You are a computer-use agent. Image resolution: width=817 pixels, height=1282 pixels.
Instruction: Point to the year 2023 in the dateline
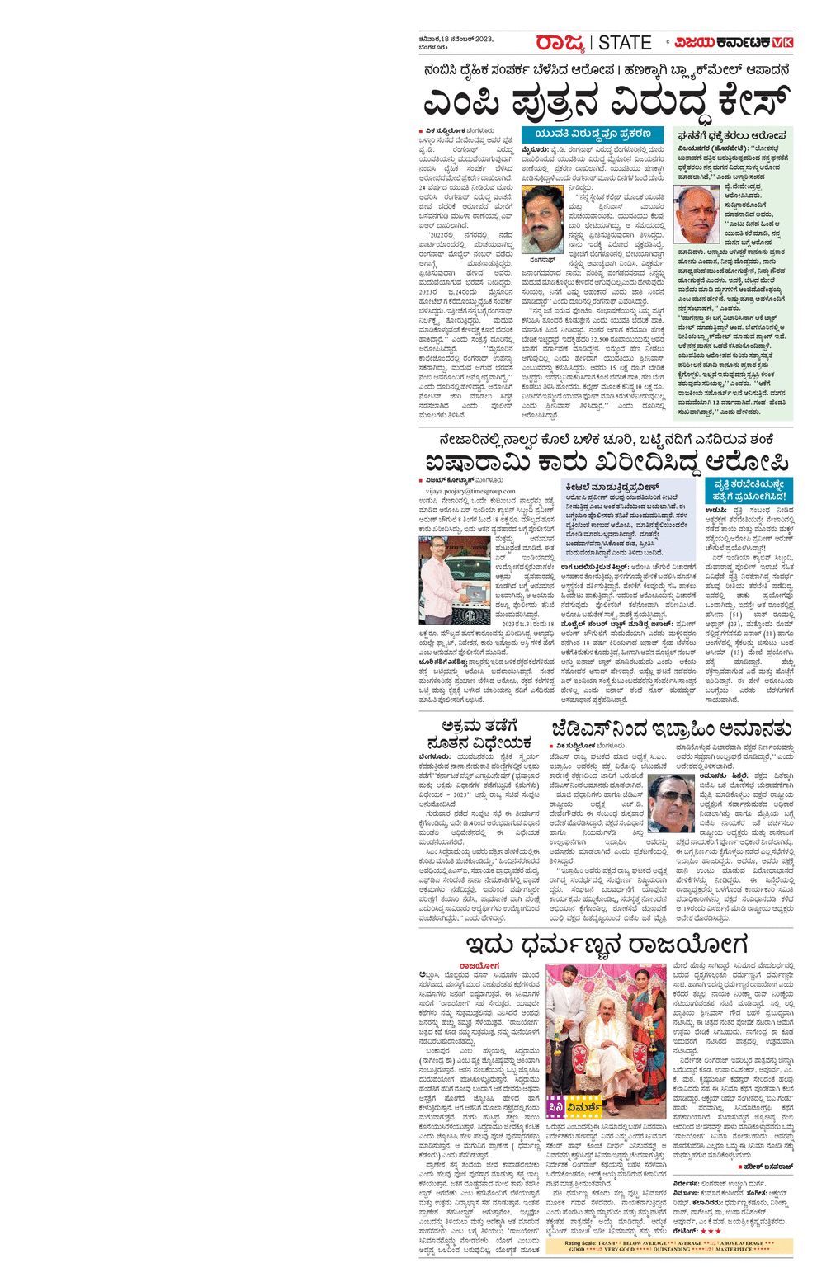click(483, 39)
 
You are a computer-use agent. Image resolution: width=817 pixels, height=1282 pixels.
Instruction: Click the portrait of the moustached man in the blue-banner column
click(542, 219)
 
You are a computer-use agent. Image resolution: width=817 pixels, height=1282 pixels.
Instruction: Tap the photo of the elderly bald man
click(697, 212)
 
